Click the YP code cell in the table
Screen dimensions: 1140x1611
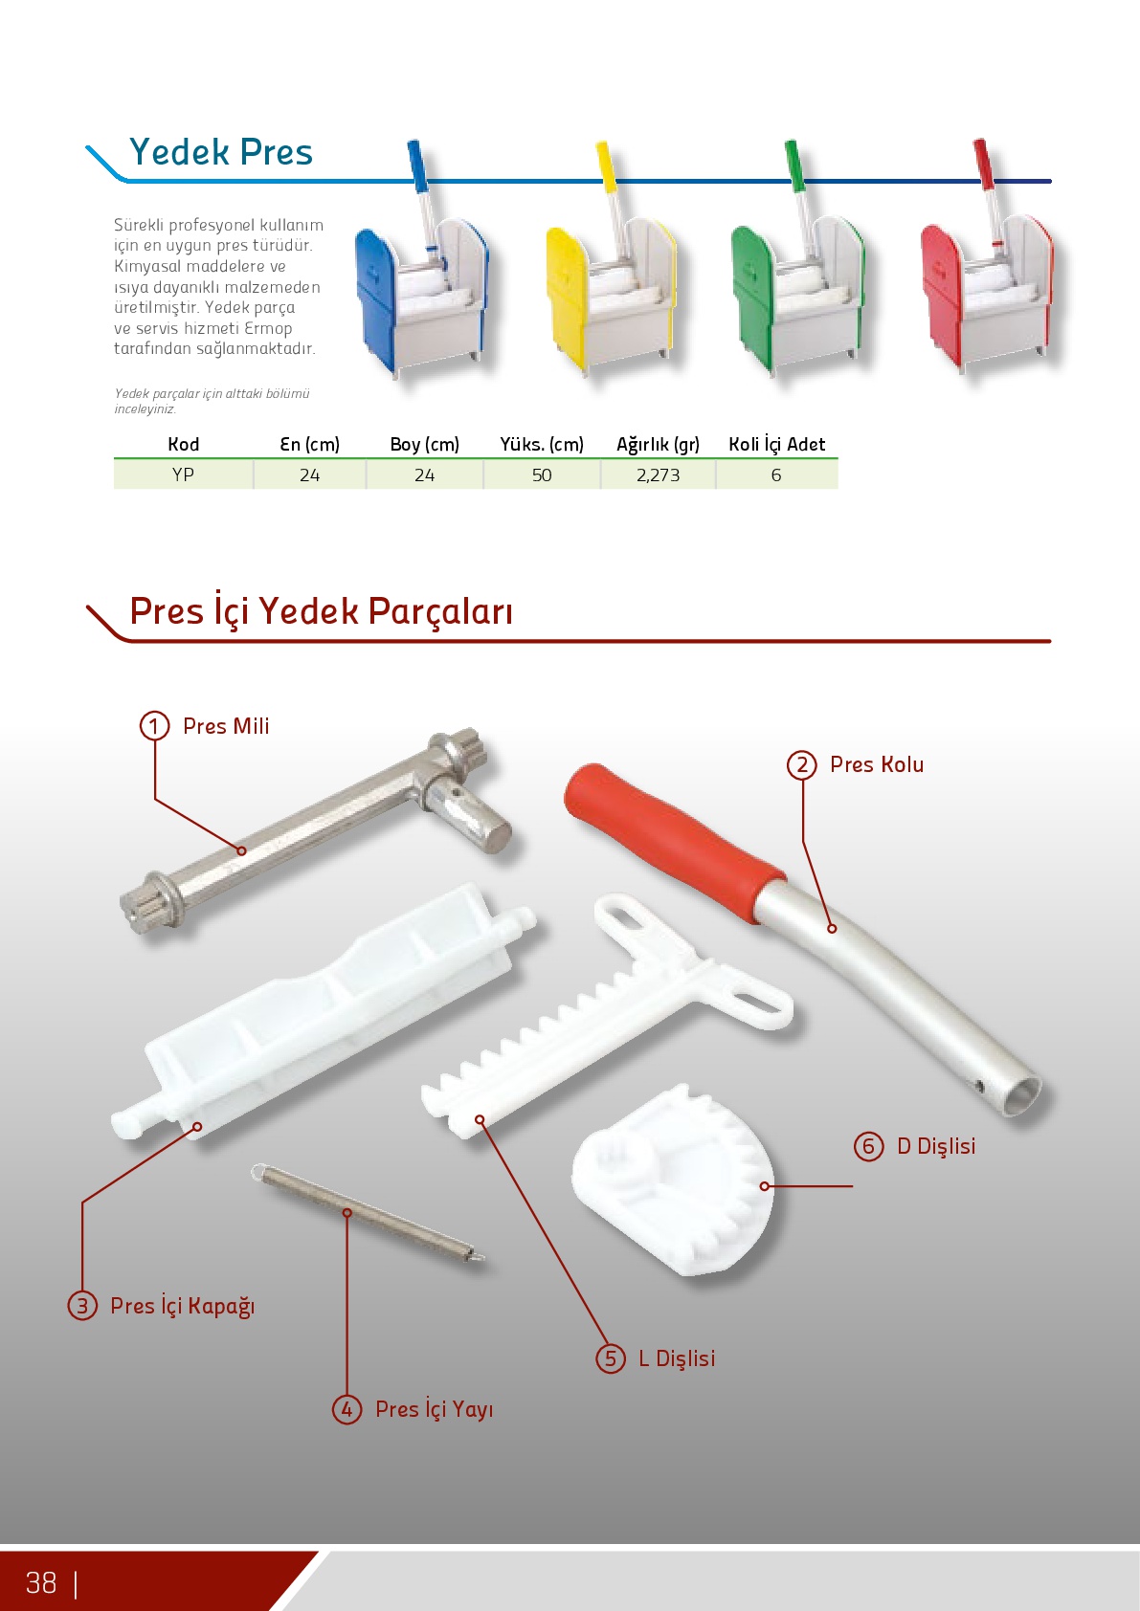pyautogui.click(x=183, y=474)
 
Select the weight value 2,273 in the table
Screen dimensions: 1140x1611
pyautogui.click(x=658, y=475)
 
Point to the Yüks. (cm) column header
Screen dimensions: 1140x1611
pyautogui.click(x=542, y=445)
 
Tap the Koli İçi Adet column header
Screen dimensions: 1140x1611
pyautogui.click(x=776, y=444)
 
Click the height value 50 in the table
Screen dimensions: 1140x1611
pyautogui.click(x=542, y=475)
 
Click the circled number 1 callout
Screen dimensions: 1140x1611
pyautogui.click(x=154, y=726)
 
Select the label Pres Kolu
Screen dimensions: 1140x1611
pyautogui.click(x=877, y=763)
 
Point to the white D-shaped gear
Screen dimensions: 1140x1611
pyautogui.click(x=673, y=1180)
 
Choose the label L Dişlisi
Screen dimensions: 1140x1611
pyautogui.click(x=677, y=1357)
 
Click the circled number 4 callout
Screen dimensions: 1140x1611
pyautogui.click(x=346, y=1409)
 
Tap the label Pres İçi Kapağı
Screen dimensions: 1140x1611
pyautogui.click(x=183, y=1305)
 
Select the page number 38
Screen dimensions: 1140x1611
pyautogui.click(x=41, y=1583)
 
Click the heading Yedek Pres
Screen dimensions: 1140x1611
pyautogui.click(x=221, y=152)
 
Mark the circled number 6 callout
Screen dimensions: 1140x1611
pyautogui.click(x=869, y=1146)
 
